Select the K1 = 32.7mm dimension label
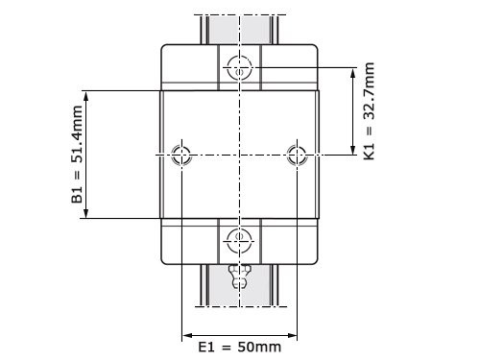(370, 111)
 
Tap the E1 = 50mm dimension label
(240, 347)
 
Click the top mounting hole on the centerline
(239, 68)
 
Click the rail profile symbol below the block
(239, 277)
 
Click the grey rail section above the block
(239, 29)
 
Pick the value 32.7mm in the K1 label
(370, 97)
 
